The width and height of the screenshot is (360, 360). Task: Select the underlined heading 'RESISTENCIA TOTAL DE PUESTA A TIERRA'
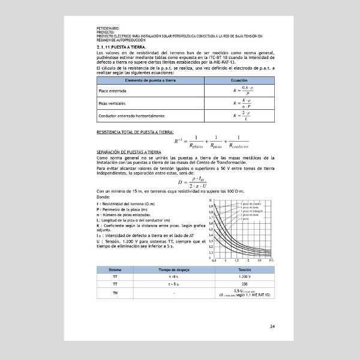(135, 131)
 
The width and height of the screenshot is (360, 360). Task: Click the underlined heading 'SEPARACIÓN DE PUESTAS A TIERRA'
(129, 152)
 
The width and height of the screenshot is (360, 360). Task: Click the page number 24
(272, 327)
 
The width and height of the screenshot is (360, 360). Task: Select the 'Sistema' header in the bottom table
(115, 269)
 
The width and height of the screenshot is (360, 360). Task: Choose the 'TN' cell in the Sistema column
(115, 293)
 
